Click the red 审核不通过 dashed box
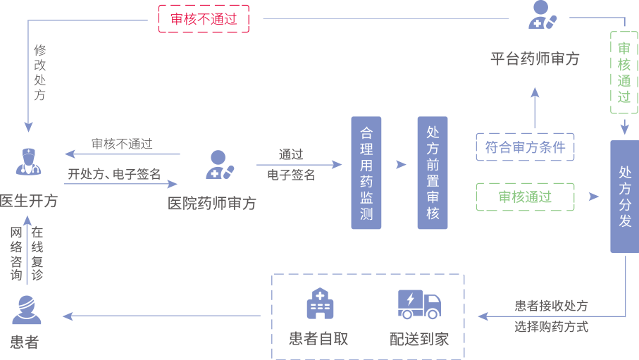tap(204, 19)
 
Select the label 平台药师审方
tap(535, 59)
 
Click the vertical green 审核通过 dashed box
tap(624, 73)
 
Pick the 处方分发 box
tap(624, 197)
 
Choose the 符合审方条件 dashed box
tap(526, 147)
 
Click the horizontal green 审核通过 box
tap(526, 197)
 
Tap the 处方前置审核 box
tap(432, 173)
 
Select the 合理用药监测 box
tap(366, 173)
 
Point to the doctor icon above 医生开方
tap(29, 161)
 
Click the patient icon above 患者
tap(27, 309)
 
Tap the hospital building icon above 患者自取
tap(319, 304)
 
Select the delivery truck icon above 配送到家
tap(419, 304)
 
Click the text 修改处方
tap(40, 73)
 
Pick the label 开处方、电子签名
tap(114, 174)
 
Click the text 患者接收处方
tap(551, 306)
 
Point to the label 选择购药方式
tap(551, 327)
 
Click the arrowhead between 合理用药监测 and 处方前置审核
tap(401, 165)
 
